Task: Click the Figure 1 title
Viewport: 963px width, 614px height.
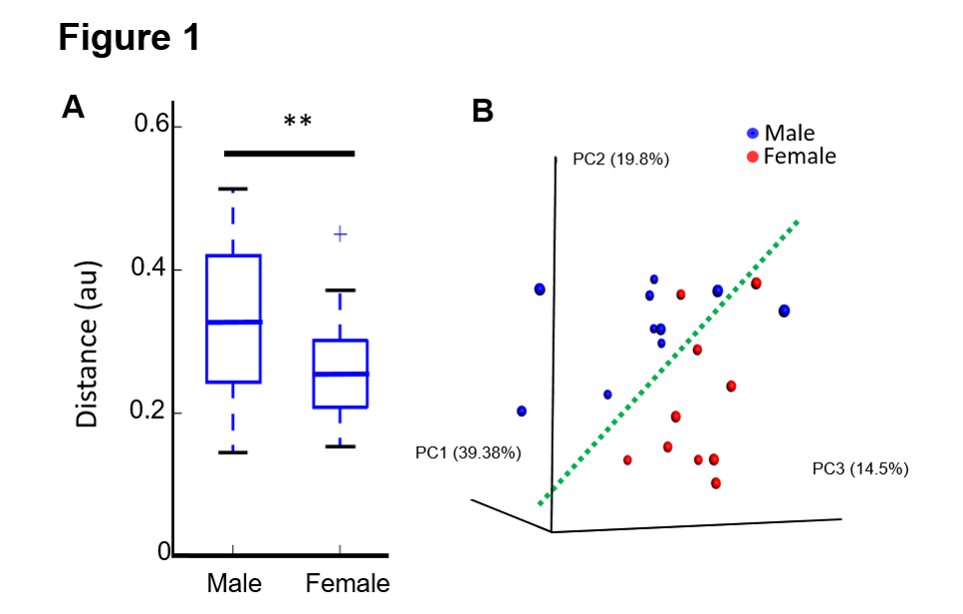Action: (x=128, y=38)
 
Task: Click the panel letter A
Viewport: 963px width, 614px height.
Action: (x=73, y=106)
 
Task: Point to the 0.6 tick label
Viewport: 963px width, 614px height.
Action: (x=154, y=127)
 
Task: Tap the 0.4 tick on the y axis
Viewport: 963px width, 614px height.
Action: (x=154, y=270)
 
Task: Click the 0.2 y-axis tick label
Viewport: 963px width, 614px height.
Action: (x=154, y=413)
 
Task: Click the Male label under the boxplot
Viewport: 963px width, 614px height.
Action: (x=233, y=582)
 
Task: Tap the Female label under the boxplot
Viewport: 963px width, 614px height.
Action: (x=348, y=582)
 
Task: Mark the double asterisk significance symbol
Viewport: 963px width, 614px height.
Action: (x=298, y=123)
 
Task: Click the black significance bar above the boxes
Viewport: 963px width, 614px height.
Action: (x=289, y=153)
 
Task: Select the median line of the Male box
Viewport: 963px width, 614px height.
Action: (x=233, y=322)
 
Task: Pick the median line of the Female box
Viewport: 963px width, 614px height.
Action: (x=341, y=374)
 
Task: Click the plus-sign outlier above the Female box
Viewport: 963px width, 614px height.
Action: (x=341, y=234)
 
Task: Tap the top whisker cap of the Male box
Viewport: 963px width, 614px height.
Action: (x=233, y=188)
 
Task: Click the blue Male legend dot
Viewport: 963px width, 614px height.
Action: (x=754, y=134)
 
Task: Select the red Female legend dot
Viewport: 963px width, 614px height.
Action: (x=754, y=156)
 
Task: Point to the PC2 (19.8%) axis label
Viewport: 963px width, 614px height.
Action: (x=620, y=158)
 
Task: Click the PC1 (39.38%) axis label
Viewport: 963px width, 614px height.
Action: (x=468, y=454)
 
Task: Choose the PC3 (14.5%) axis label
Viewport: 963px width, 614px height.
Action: (x=860, y=468)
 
